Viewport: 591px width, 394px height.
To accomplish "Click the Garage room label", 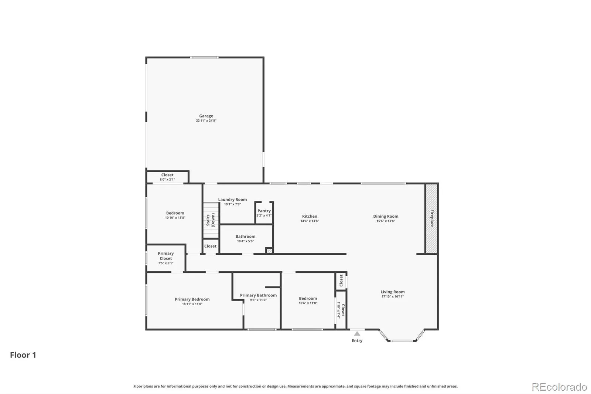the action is [206, 116].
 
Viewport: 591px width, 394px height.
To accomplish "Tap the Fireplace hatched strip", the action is [431, 218].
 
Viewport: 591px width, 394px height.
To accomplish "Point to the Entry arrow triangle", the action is [357, 333].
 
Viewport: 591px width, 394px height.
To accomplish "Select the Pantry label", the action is [264, 211].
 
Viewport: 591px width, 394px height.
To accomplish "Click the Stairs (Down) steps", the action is [211, 220].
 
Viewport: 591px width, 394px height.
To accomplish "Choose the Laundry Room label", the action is [232, 199].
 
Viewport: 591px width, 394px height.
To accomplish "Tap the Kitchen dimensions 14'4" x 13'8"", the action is [310, 221].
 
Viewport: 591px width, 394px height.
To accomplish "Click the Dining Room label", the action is [386, 216].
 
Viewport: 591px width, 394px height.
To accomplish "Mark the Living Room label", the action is [393, 292].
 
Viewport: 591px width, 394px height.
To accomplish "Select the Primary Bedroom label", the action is [192, 299].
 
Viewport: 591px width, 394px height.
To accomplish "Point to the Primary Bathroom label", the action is [258, 295].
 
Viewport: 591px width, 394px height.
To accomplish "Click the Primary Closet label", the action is [166, 256].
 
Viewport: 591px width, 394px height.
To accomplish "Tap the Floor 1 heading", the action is [23, 355].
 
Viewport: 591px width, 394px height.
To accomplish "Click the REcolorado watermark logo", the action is [559, 387].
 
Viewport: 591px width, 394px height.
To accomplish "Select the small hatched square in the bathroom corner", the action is [269, 250].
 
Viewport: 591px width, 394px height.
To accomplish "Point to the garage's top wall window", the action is [205, 57].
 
